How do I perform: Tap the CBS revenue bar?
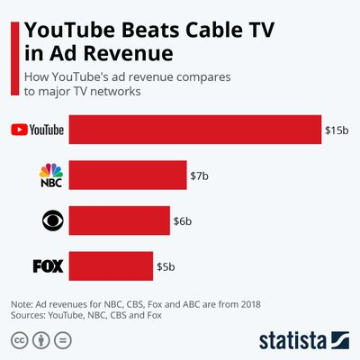click(x=119, y=220)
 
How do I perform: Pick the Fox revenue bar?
click(x=111, y=265)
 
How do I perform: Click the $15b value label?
click(x=336, y=130)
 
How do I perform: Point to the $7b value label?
click(x=199, y=175)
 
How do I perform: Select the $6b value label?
click(x=184, y=220)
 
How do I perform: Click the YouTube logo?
click(x=37, y=130)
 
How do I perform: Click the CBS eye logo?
click(x=50, y=220)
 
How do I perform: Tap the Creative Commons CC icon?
click(x=19, y=340)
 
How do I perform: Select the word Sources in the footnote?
click(x=29, y=317)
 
